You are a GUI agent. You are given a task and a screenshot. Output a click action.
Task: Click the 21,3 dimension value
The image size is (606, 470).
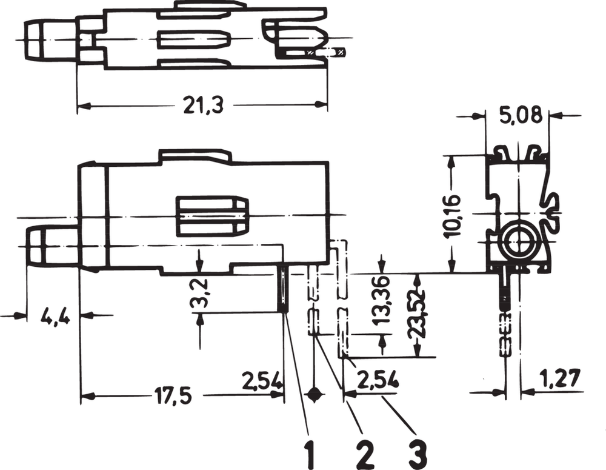pyautogui.click(x=204, y=106)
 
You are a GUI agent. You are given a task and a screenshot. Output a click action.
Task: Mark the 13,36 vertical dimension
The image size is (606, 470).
pyautogui.click(x=381, y=303)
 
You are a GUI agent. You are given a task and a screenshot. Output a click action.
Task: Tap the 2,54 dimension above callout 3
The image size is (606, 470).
pyautogui.click(x=378, y=381)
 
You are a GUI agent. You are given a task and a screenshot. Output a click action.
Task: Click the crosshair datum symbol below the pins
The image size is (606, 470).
pyautogui.click(x=313, y=395)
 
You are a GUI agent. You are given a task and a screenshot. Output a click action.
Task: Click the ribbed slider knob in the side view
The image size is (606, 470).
pyautogui.click(x=212, y=217)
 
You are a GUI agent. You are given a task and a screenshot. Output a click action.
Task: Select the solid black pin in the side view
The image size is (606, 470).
pyautogui.click(x=283, y=289)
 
